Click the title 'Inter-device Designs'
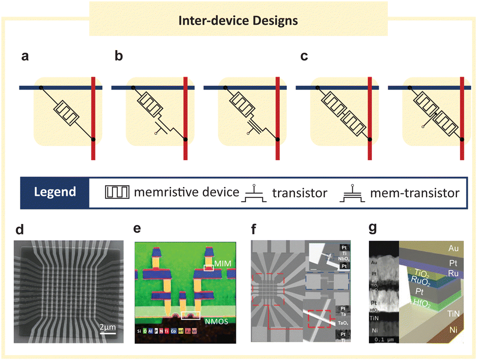(x=238, y=21)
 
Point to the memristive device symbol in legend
(x=117, y=193)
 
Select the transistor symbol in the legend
(x=253, y=193)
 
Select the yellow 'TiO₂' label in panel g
(x=422, y=274)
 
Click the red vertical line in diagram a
(x=93, y=117)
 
